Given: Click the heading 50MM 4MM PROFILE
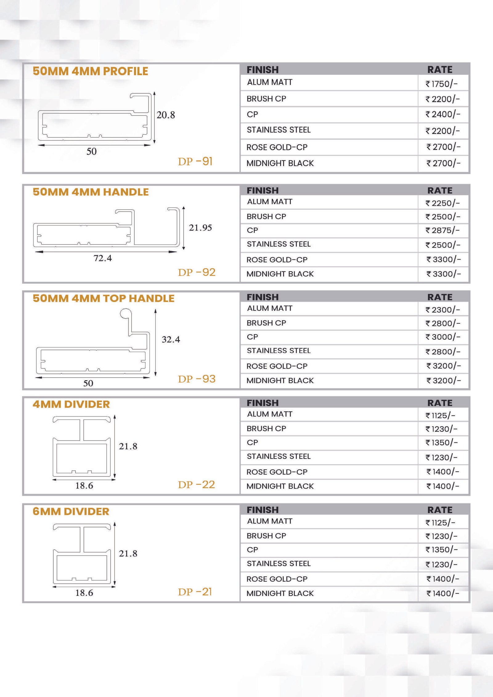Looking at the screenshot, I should point(90,71).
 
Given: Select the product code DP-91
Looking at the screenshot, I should point(195,161).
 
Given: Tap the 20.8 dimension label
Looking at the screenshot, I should point(165,115).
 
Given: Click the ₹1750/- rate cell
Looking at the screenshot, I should point(442,84).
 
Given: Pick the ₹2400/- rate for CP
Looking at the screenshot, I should point(443,115).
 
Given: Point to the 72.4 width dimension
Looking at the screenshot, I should point(103,258).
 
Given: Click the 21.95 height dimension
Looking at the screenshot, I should point(200,228).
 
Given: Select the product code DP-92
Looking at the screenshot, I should point(197,272).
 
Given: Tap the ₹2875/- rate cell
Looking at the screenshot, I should point(442,230).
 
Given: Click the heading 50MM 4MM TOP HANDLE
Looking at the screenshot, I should point(104,298).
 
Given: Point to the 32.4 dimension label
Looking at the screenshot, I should point(171,339).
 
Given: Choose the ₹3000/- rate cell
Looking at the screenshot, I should point(443,337).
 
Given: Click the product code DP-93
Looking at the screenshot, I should point(197,379).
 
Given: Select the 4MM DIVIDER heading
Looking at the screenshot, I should point(71,404).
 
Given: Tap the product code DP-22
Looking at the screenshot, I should point(196,485).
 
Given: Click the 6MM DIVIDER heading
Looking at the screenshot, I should point(71,512).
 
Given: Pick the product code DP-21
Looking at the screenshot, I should point(195,592).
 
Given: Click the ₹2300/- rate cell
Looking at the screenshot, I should point(442,310).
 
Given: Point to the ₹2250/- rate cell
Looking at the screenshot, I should point(442,203).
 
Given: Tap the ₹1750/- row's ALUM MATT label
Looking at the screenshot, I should point(270,82).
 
